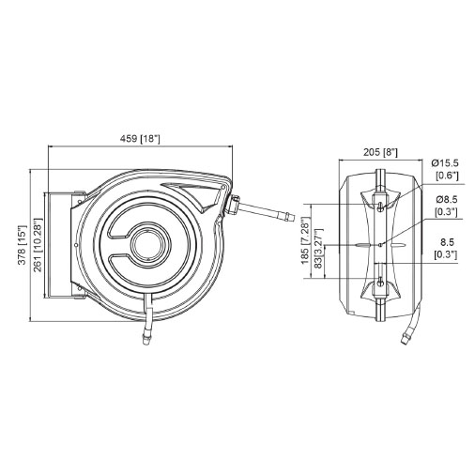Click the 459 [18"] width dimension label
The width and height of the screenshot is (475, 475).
tap(140, 138)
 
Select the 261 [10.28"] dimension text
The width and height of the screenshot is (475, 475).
tap(38, 245)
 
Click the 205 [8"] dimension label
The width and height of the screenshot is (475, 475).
tap(380, 152)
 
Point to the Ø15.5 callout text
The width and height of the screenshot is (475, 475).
tap(445, 162)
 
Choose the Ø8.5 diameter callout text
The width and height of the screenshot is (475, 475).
tap(447, 199)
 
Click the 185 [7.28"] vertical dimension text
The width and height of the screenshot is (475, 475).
tap(306, 243)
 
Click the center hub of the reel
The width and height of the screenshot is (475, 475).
tap(151, 242)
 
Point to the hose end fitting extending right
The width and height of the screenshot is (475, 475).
tap(288, 216)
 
